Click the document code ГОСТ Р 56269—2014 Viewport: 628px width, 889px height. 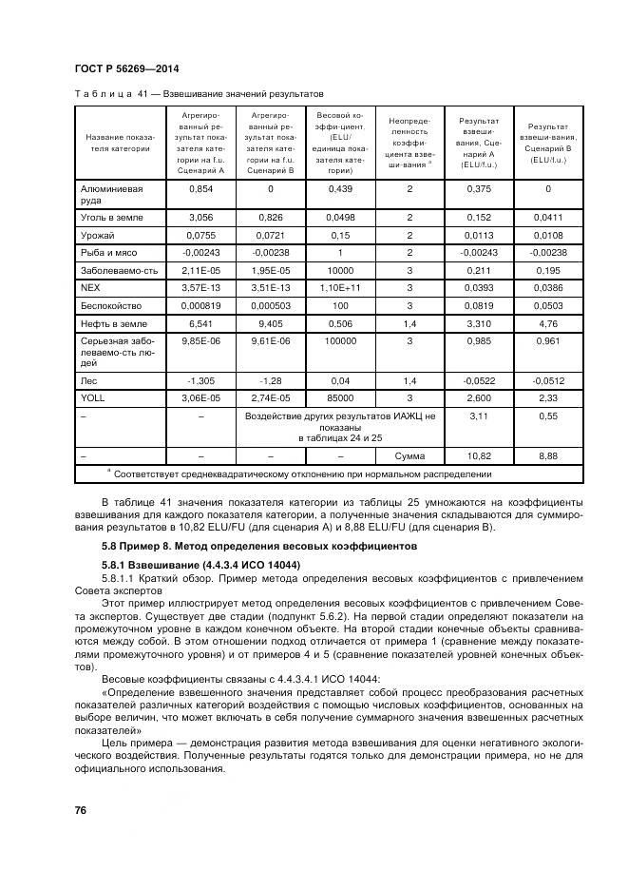[126, 69]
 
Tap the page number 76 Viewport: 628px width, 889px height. [81, 808]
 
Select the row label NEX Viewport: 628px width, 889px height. [92, 285]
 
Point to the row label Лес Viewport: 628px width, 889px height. [89, 378]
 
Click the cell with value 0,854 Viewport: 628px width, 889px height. [200, 189]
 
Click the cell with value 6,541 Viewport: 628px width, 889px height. [200, 324]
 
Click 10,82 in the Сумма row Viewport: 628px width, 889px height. [479, 456]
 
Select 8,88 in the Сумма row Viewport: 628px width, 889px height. [547, 456]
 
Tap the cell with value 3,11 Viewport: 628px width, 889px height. [479, 416]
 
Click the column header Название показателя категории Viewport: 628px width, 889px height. [119, 143]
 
